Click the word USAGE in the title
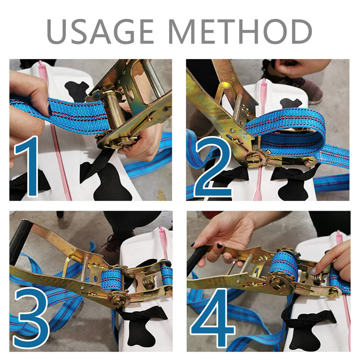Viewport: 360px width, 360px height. (x=100, y=31)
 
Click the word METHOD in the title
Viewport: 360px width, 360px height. (x=240, y=31)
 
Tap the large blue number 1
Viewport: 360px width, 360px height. (x=27, y=167)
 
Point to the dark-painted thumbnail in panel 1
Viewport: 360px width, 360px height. (x=49, y=110)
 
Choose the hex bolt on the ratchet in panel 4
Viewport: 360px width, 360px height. (x=333, y=293)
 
